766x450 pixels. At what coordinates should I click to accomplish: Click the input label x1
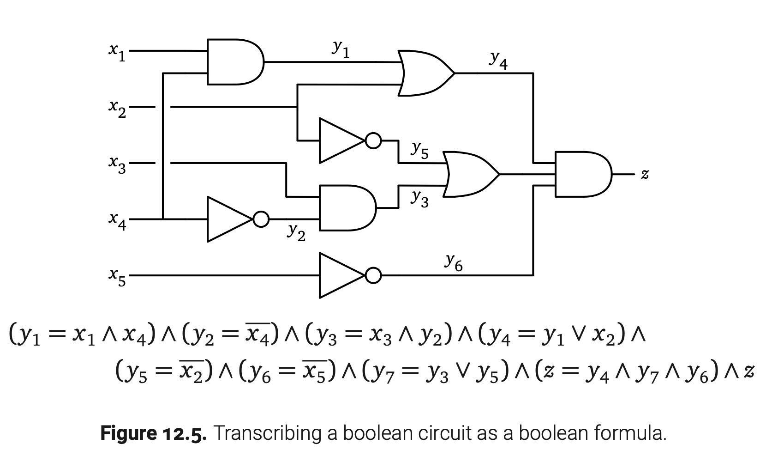[116, 52]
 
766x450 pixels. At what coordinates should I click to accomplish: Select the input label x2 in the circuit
[117, 109]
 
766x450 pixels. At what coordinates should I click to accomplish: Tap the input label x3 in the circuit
[117, 164]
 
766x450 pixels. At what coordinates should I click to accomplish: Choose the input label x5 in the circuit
[117, 277]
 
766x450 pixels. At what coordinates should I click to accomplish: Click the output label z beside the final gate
[645, 175]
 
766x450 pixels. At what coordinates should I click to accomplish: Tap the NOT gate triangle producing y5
[340, 140]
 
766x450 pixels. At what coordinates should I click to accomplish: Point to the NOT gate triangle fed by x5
[340, 275]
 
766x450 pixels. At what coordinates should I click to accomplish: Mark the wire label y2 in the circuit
[296, 232]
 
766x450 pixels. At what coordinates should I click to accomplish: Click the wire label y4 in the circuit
[498, 61]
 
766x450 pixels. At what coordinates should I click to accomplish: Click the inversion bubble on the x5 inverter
[373, 276]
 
